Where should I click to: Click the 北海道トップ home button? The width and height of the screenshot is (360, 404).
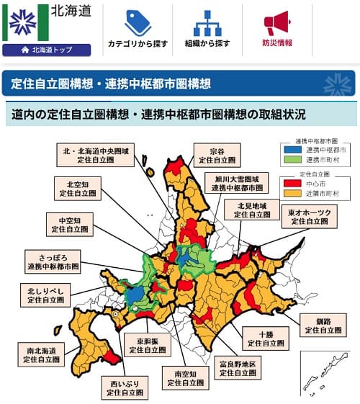[47, 50]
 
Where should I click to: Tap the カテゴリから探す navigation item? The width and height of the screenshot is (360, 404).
[138, 31]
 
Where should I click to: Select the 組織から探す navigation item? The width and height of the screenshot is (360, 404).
[207, 31]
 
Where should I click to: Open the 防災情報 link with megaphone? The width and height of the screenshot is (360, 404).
[276, 31]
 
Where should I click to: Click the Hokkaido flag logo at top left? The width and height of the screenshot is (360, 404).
[25, 21]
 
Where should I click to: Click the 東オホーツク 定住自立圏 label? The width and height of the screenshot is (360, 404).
[310, 217]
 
